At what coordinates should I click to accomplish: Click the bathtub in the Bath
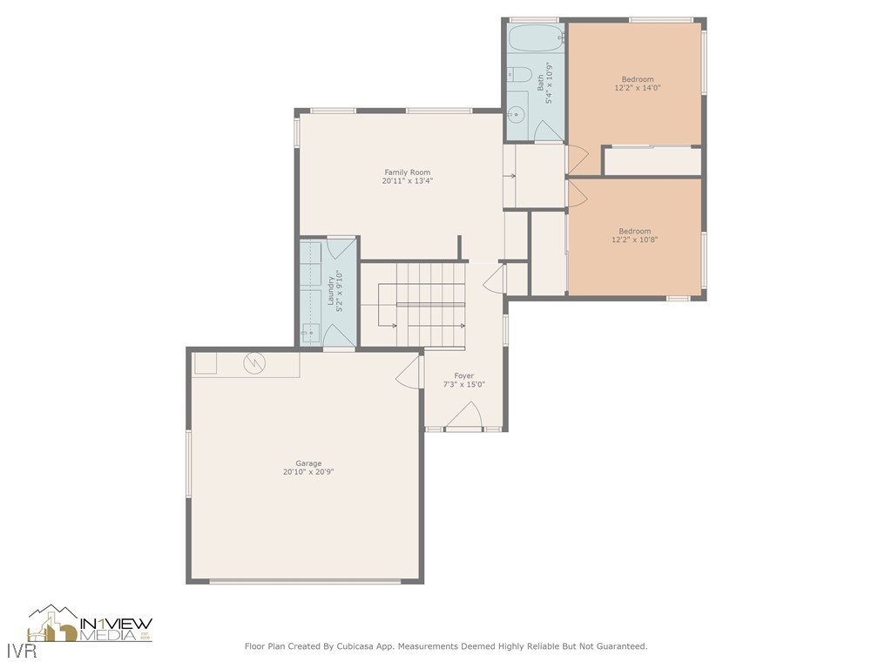tap(536, 39)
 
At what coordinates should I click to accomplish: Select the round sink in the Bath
tap(517, 113)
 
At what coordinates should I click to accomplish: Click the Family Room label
tap(407, 172)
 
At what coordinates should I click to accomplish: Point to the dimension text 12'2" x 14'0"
tap(637, 88)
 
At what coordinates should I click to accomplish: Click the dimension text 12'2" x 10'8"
tap(637, 240)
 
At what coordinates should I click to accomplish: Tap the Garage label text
tap(308, 463)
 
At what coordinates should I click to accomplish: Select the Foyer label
tap(464, 375)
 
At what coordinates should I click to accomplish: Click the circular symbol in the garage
tap(255, 361)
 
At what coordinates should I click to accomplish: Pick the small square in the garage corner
tap(206, 363)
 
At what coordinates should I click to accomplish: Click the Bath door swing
tap(549, 131)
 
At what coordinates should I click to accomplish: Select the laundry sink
tap(308, 331)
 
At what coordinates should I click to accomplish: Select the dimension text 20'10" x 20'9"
tap(308, 472)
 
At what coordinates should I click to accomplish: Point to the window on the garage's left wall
tap(188, 463)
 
